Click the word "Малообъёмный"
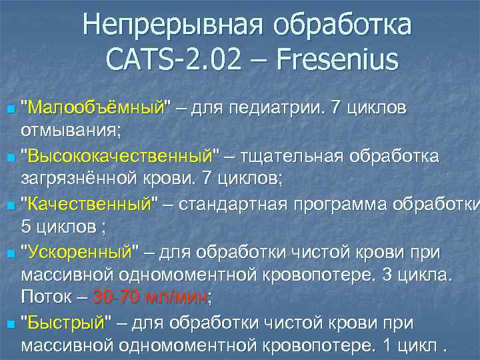click(x=97, y=108)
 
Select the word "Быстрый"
click(x=64, y=324)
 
